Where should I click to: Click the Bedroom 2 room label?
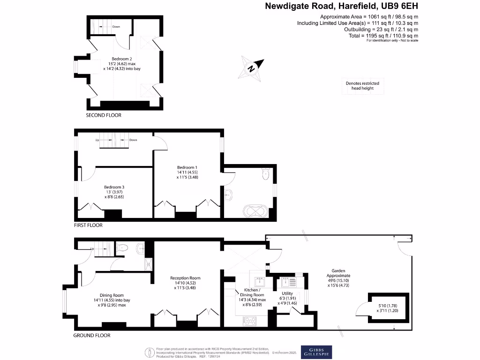click(x=121, y=58)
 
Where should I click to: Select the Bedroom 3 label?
click(x=114, y=187)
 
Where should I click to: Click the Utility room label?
click(x=287, y=293)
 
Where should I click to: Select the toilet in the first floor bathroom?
click(x=266, y=174)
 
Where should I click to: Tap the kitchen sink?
click(x=259, y=281)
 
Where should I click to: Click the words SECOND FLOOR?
click(x=104, y=115)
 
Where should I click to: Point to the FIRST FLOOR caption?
click(x=88, y=225)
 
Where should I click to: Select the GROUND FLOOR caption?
click(x=92, y=336)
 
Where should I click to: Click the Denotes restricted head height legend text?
click(x=362, y=86)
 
